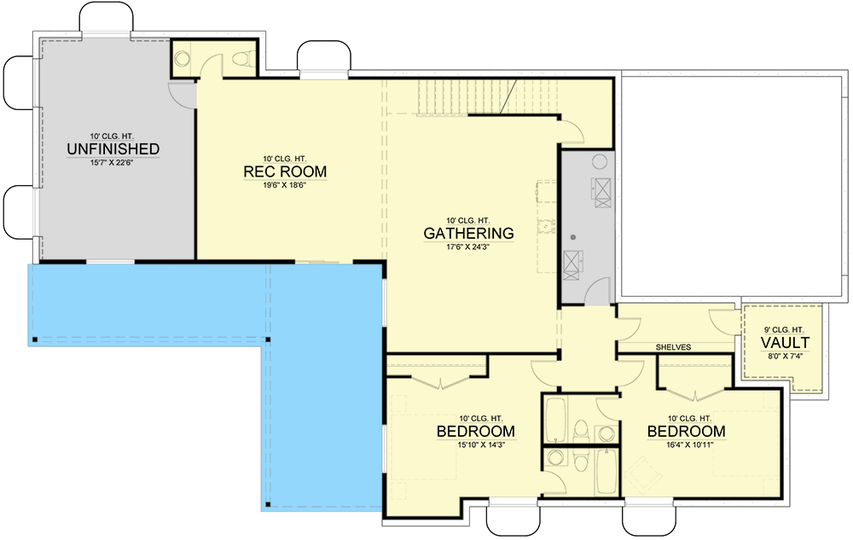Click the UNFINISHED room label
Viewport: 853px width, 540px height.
click(x=113, y=149)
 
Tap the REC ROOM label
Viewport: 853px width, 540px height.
click(x=285, y=172)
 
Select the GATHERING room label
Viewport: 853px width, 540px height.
click(x=468, y=233)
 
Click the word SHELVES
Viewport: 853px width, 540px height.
click(x=673, y=347)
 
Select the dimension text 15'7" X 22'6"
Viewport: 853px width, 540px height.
click(x=113, y=163)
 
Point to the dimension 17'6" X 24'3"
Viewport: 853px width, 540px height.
click(x=468, y=247)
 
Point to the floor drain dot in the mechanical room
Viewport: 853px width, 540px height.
click(x=574, y=236)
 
